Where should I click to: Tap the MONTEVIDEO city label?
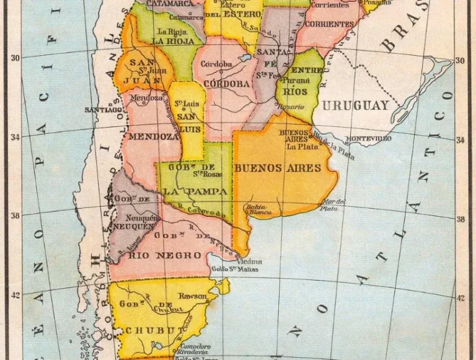coord(368,138)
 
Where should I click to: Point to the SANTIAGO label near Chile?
coord(103,110)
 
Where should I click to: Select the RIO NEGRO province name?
coord(144,255)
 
